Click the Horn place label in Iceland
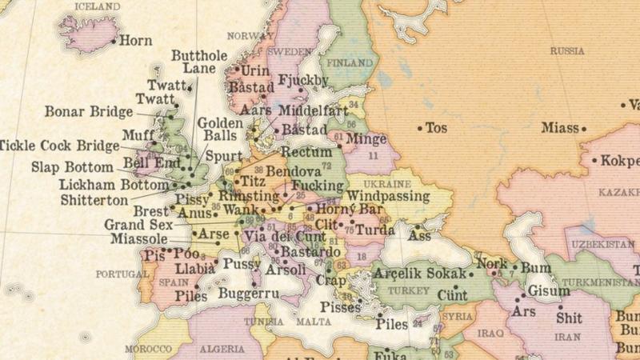coord(135,39)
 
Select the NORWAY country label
coord(250,36)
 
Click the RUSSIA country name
coord(566,50)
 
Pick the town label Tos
coord(436,127)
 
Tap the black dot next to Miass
coord(584,128)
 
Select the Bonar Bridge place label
coord(88,112)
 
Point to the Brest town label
coord(150,211)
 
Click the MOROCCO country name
coord(148,350)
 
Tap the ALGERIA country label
coord(222,350)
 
